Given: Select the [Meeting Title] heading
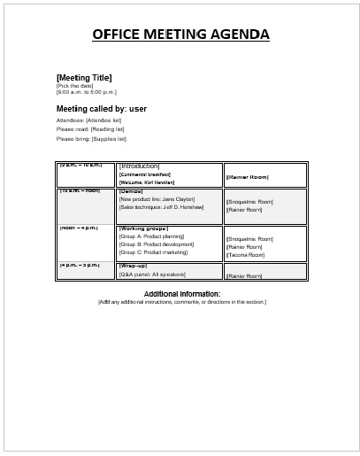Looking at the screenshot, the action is click(84, 77).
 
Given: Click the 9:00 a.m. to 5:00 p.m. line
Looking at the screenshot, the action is click(87, 92).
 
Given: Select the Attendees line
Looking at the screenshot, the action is click(88, 120).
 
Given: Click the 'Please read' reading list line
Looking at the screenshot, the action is click(89, 129).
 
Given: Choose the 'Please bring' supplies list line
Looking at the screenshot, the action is click(91, 139).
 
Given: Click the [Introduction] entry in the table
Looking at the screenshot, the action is click(139, 166).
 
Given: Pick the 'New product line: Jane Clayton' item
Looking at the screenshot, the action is click(157, 199).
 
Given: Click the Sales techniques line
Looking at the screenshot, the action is click(161, 207).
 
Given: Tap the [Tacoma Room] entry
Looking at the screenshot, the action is click(246, 255).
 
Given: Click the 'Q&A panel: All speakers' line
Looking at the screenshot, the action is click(152, 275).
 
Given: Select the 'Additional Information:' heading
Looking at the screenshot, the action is click(182, 293).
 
